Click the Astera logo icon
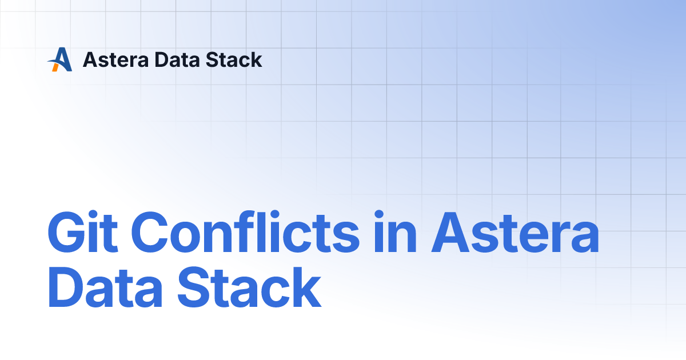60,59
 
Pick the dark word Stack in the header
234,59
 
